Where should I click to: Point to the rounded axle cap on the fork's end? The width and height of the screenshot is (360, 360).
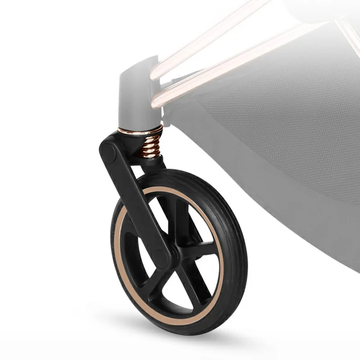pos(162,256)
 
